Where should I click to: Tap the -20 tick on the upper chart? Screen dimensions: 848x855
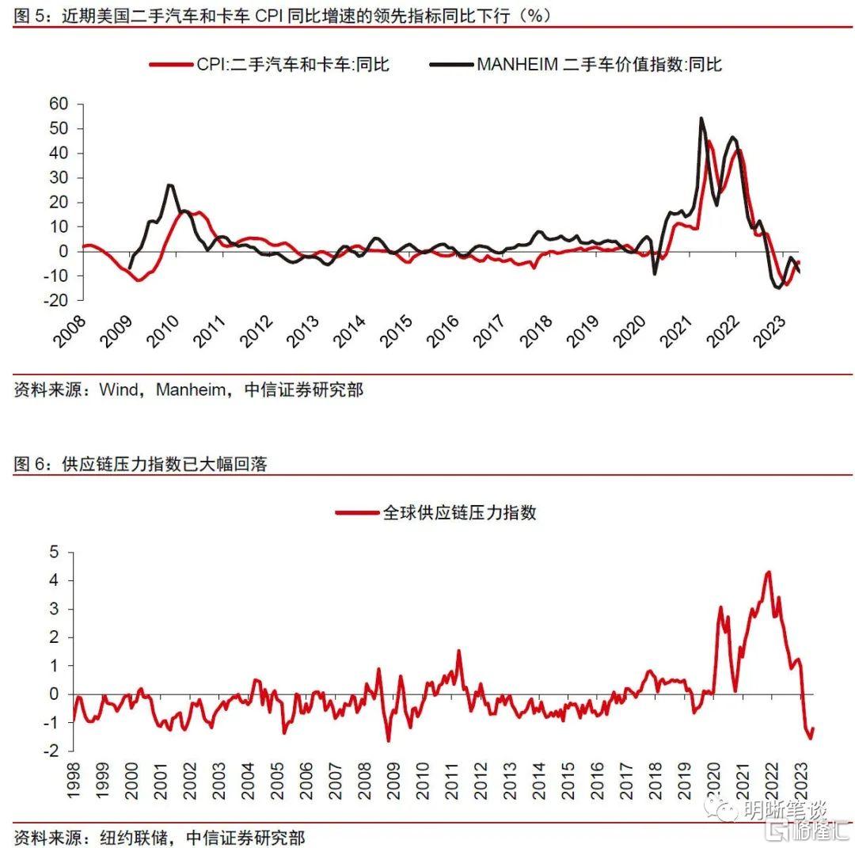point(56,301)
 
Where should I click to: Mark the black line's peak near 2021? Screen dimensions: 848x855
point(701,119)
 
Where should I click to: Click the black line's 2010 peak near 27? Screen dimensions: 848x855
point(170,185)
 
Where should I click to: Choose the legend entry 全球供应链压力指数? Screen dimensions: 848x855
point(459,512)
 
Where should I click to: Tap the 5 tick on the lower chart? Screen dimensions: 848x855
point(54,552)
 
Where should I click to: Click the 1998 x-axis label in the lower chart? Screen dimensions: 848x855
point(73,780)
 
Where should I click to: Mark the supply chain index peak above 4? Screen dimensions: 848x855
point(768,572)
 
